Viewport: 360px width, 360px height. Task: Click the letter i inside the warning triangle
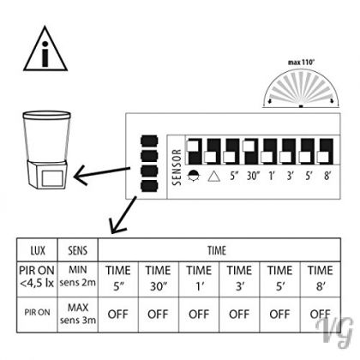point(45,54)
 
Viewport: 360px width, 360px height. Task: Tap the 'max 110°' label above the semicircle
point(301,62)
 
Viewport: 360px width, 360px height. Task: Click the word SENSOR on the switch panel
point(177,167)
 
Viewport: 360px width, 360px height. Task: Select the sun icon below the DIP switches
point(193,176)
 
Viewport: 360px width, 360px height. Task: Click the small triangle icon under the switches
point(214,177)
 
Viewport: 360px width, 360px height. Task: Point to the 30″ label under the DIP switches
point(253,176)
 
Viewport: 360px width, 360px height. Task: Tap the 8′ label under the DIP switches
point(327,176)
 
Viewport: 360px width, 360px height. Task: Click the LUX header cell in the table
point(37,250)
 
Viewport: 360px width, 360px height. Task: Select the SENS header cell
point(78,250)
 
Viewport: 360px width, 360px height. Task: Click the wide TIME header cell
point(219,250)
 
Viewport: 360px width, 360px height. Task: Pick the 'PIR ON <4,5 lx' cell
point(37,279)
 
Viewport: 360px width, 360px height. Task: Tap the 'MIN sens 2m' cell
point(78,279)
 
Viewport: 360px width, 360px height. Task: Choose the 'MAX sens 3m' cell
point(78,315)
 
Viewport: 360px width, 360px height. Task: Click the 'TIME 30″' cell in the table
point(159,279)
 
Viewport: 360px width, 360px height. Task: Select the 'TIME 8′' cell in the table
point(321,279)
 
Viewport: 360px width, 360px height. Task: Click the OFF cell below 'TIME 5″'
point(118,315)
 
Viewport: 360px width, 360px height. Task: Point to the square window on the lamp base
point(52,178)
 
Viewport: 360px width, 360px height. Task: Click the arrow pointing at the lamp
point(102,173)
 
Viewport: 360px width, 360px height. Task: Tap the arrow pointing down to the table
point(123,215)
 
